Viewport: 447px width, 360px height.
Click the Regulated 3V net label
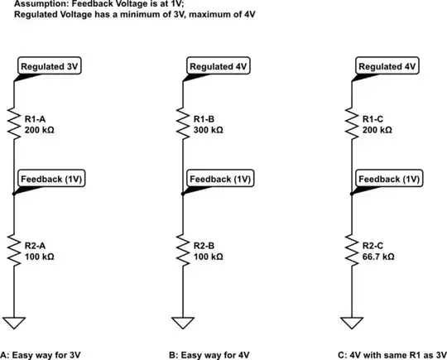(x=50, y=66)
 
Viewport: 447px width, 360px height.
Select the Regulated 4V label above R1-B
(x=218, y=66)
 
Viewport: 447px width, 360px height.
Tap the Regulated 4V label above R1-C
(x=387, y=66)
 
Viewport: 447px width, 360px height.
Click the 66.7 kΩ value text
(x=378, y=258)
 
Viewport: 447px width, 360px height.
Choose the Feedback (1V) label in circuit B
(x=221, y=178)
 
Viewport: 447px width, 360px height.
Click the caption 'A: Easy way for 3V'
(x=41, y=354)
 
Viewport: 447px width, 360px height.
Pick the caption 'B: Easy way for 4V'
(x=209, y=354)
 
